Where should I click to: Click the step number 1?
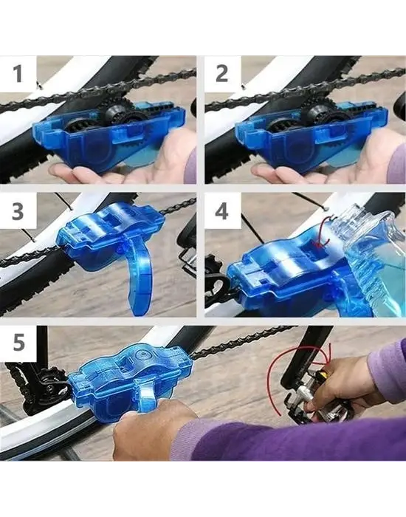click(18, 74)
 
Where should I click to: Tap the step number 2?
click(221, 74)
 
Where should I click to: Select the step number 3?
click(18, 211)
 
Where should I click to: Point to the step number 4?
click(221, 211)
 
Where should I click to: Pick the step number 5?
click(18, 342)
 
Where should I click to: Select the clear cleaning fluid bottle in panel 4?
click(374, 261)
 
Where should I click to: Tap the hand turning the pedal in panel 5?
click(340, 386)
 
